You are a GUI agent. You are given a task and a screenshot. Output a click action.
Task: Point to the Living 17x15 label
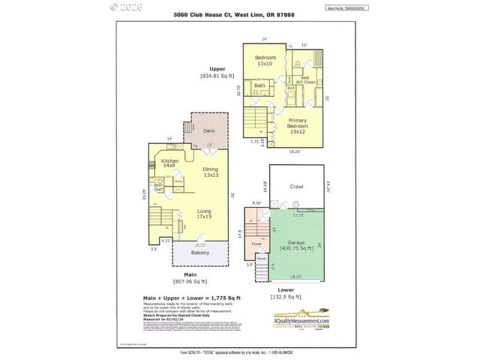[x=203, y=216]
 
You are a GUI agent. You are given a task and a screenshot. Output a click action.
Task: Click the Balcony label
[x=200, y=253]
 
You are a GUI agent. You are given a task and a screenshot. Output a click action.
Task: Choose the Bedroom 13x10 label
[x=265, y=61]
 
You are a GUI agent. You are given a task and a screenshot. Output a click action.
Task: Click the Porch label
[x=262, y=259]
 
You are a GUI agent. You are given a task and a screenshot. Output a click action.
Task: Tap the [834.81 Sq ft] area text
[x=217, y=76]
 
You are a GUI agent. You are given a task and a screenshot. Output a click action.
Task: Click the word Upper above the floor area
[x=217, y=68]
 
